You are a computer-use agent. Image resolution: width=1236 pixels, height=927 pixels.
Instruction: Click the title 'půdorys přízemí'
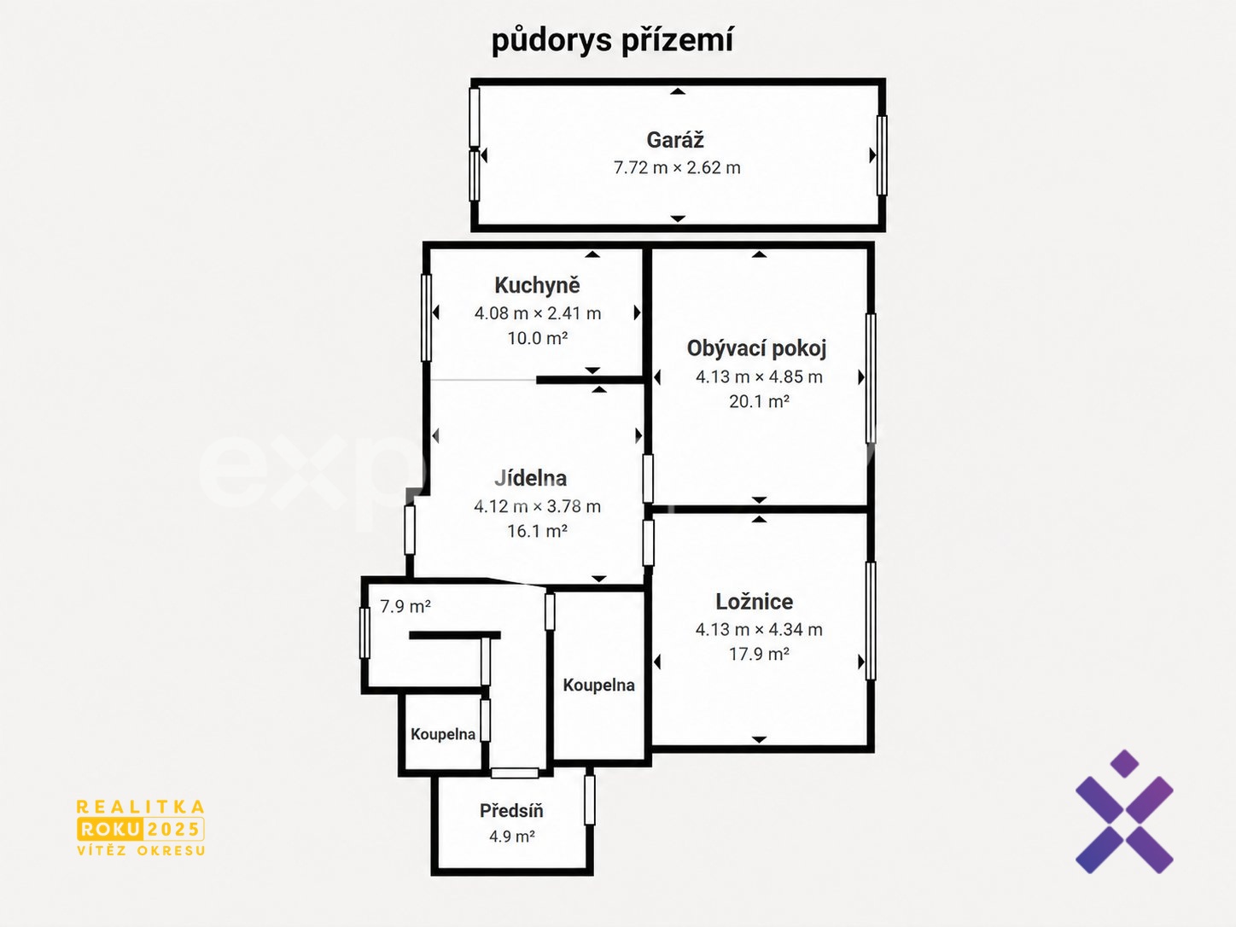click(x=613, y=41)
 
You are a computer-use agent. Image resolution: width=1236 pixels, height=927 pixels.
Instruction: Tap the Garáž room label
click(x=674, y=140)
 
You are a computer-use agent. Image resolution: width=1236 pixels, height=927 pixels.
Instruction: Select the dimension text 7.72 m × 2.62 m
click(x=677, y=167)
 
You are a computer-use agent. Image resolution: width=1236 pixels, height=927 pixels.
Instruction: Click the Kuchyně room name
click(x=537, y=285)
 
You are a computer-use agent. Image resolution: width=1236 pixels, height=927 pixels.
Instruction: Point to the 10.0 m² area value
click(x=537, y=338)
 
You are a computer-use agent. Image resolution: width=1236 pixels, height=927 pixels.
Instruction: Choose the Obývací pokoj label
click(x=756, y=349)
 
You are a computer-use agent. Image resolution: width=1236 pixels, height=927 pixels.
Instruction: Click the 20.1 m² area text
click(x=759, y=401)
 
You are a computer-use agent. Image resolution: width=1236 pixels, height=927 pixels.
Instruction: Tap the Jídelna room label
click(x=530, y=478)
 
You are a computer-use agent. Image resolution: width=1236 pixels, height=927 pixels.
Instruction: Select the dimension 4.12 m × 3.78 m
click(x=537, y=506)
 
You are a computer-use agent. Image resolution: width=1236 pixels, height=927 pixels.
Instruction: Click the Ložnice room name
click(x=754, y=602)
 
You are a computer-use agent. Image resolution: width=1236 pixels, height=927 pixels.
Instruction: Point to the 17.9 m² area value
click(x=759, y=654)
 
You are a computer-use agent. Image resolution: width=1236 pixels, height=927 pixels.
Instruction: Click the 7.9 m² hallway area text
click(x=405, y=606)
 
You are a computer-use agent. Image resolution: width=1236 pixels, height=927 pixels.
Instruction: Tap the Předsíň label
click(x=511, y=811)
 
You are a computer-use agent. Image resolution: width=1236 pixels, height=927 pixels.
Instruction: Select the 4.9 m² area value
click(x=511, y=837)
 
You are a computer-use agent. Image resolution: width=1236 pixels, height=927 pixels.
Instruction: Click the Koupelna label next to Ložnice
click(x=598, y=685)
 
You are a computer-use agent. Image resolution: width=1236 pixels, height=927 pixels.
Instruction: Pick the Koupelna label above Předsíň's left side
click(x=443, y=734)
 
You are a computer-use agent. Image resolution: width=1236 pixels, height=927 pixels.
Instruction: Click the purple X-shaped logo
click(x=1124, y=812)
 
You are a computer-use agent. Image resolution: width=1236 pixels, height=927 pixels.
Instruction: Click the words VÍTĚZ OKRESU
click(x=141, y=850)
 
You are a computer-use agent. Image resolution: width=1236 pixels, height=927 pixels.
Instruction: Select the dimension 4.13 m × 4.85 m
click(x=759, y=376)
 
